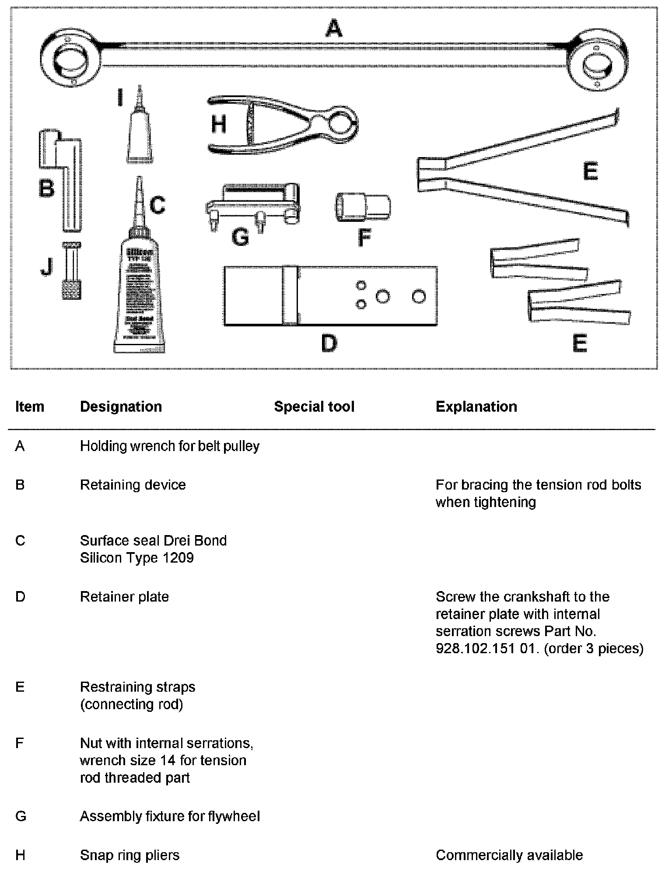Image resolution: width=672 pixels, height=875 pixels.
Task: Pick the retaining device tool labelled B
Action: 66,175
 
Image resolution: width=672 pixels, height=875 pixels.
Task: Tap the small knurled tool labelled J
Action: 71,271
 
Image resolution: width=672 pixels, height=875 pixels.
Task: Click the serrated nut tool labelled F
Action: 363,207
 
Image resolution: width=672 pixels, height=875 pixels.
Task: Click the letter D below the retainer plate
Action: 329,343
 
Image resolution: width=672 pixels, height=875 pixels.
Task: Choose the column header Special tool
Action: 314,407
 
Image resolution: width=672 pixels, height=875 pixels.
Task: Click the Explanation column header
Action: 476,407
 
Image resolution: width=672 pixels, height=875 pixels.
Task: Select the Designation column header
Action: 121,407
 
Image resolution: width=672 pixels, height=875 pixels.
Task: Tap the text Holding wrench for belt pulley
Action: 170,446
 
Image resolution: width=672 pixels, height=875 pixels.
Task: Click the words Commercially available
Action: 509,855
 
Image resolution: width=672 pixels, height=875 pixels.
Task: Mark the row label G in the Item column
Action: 21,816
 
